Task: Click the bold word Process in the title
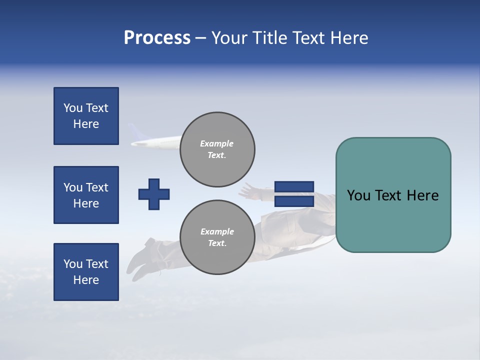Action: pos(157,38)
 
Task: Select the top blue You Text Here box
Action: pos(86,116)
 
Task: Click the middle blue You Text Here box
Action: pos(86,195)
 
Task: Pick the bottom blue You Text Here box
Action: pos(86,272)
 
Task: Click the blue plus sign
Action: pos(154,194)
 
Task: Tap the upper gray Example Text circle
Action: pos(217,149)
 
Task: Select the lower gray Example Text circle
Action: pos(217,237)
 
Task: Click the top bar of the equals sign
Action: pos(294,186)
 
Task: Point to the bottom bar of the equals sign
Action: pos(294,201)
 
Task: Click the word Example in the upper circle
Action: pos(217,143)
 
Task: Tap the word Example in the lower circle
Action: pos(217,231)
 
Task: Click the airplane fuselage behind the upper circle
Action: pos(160,143)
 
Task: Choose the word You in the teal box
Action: pos(358,195)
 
